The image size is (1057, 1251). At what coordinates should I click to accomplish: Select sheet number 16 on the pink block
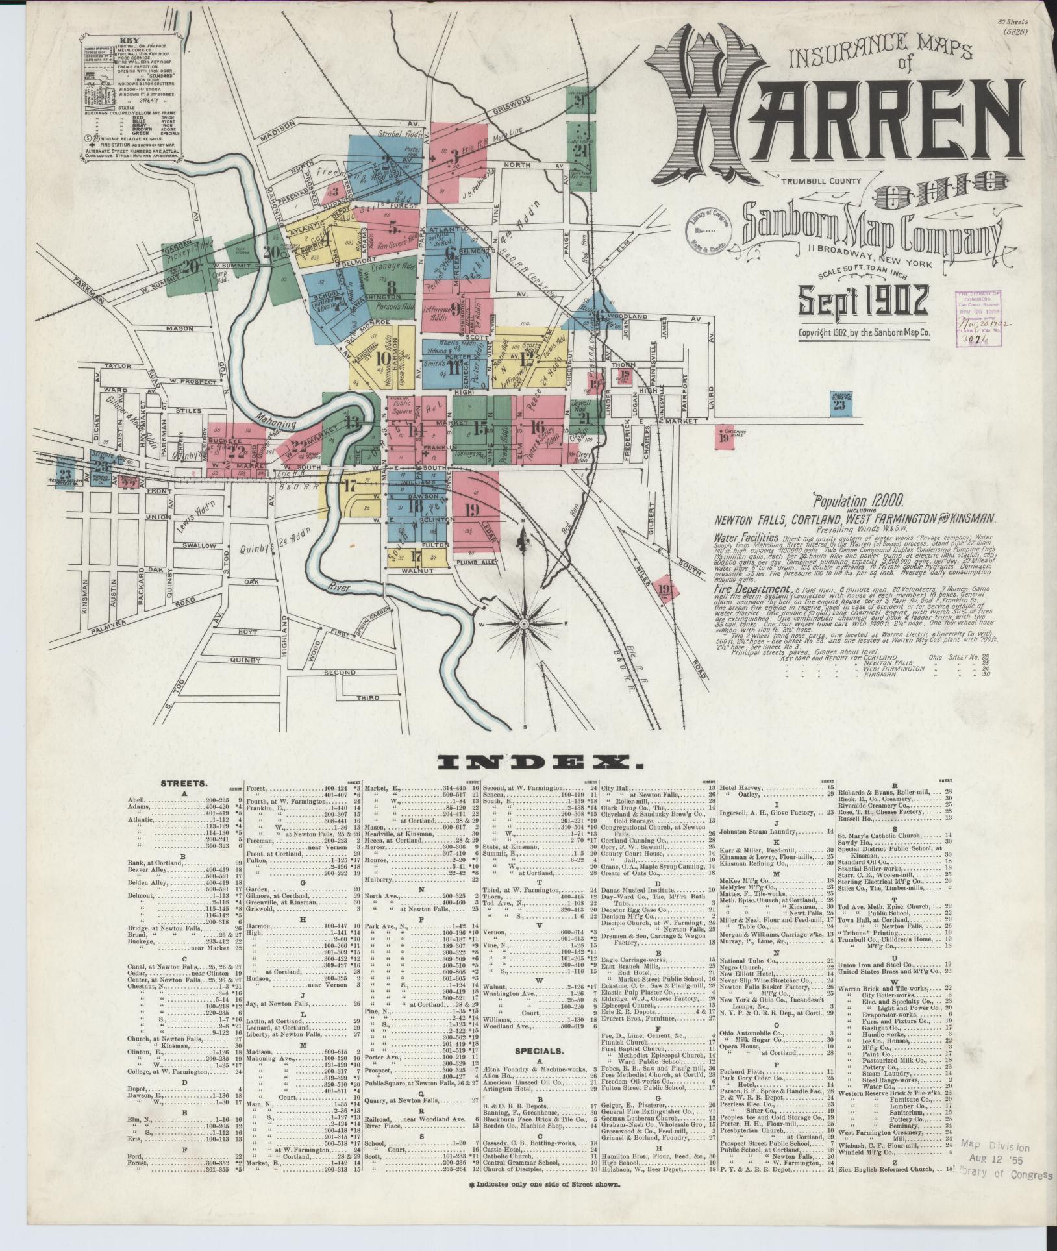click(536, 427)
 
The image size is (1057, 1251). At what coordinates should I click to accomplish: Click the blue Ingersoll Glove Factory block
click(840, 403)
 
